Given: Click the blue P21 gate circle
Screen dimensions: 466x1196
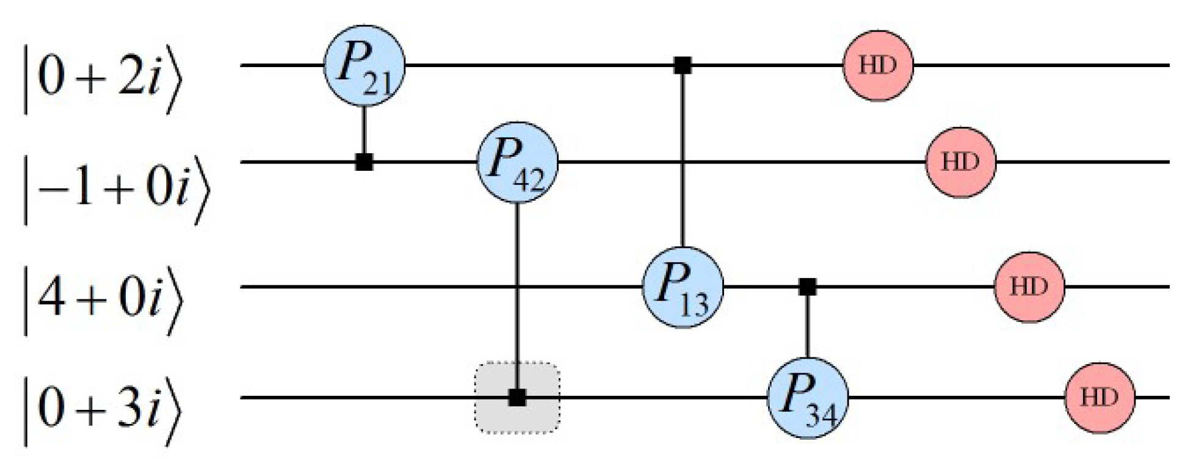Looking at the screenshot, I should [x=364, y=65].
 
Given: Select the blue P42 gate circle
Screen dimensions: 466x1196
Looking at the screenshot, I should [x=517, y=162].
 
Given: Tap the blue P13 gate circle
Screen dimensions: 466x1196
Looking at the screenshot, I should [x=683, y=287].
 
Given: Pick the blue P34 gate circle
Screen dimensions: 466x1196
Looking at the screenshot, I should [x=808, y=398].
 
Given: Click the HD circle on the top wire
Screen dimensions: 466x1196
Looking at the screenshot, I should [x=878, y=65].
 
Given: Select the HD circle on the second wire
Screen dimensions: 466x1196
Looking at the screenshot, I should [x=960, y=162].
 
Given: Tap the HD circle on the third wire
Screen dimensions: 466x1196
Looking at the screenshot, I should [x=1029, y=287].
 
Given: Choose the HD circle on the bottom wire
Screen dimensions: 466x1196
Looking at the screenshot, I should [x=1100, y=398].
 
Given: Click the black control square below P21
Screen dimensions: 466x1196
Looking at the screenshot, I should [x=364, y=162].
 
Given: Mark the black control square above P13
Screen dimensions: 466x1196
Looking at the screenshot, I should [x=683, y=65].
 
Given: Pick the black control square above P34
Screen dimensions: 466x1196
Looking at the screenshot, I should [x=808, y=287].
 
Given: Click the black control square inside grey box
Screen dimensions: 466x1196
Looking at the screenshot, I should [x=517, y=398].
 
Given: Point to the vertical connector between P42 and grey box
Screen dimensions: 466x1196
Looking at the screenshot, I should [x=517, y=281].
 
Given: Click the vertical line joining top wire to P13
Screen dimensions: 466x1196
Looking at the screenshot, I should [x=683, y=159].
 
